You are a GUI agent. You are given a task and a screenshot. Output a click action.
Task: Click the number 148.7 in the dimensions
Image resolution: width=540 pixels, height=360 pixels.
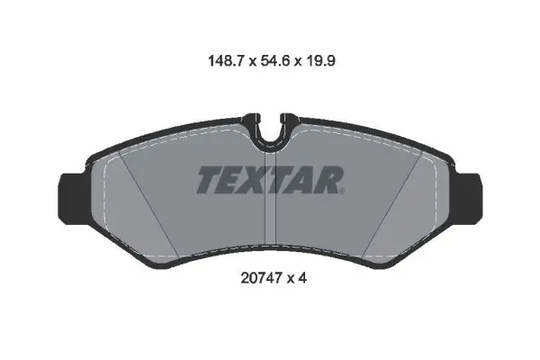pos(226,61)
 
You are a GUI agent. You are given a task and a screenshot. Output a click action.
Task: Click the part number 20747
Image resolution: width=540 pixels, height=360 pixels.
pos(261,278)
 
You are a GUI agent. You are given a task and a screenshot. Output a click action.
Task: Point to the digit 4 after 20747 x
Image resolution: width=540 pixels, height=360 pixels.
pos(302,278)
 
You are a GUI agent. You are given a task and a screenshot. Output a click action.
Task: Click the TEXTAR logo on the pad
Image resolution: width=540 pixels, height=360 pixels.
pos(270,180)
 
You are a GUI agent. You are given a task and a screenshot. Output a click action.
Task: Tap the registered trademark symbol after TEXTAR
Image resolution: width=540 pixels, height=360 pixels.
pos(342,191)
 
